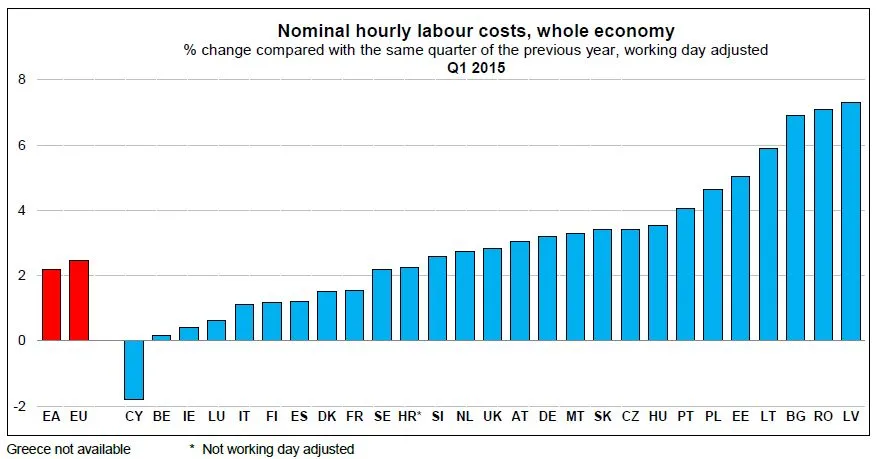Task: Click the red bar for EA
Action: (51, 305)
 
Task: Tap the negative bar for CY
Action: (134, 370)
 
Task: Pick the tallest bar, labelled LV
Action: (850, 221)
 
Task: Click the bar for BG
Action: (795, 228)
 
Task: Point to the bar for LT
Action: (768, 244)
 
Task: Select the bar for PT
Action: (685, 274)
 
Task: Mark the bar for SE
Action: (381, 305)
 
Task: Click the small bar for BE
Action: (162, 338)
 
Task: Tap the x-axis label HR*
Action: (410, 415)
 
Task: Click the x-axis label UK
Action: (492, 415)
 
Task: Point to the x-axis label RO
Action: (823, 415)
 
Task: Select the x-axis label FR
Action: (354, 415)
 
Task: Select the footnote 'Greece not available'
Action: (68, 450)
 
